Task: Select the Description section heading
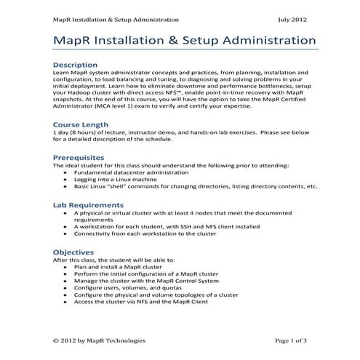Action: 75,65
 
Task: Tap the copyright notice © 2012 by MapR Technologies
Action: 100,340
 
